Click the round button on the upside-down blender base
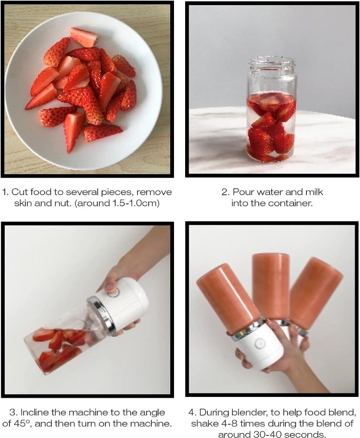260,344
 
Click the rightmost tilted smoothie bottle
316,293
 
